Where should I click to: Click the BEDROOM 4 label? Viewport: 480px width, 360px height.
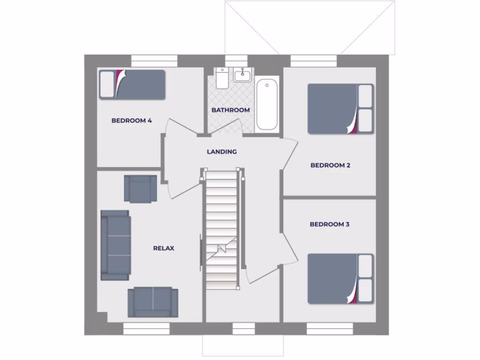[x=131, y=120]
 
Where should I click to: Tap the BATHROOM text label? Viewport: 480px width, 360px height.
[x=230, y=110]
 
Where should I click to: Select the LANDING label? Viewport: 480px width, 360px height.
[x=222, y=152]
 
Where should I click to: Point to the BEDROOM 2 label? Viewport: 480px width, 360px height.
[x=330, y=165]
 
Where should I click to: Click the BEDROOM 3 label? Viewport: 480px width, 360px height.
[x=330, y=224]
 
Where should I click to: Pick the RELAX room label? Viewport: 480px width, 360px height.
[x=164, y=248]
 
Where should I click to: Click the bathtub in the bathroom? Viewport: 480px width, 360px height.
[x=267, y=105]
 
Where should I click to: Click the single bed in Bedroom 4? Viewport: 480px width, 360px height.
[x=132, y=84]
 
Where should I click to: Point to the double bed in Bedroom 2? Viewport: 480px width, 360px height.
[x=340, y=109]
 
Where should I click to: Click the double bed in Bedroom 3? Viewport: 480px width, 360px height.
[x=340, y=278]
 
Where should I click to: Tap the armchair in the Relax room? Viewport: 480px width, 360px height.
[x=140, y=188]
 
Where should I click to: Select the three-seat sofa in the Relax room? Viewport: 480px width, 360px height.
[x=115, y=245]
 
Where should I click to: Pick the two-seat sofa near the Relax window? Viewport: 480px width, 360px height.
[x=153, y=301]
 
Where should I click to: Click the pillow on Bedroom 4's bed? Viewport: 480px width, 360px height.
[x=107, y=84]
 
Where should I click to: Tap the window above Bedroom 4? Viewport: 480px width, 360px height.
[x=154, y=60]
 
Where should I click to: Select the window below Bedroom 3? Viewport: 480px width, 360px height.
[x=330, y=329]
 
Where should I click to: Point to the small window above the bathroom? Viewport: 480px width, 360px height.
[x=236, y=60]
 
